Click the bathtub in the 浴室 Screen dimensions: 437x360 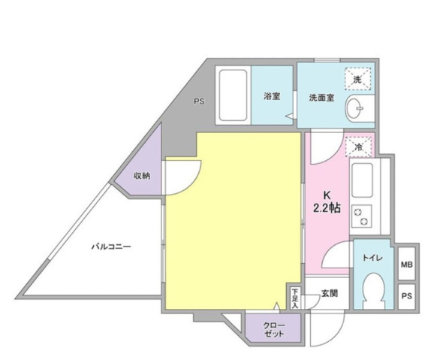[233, 95]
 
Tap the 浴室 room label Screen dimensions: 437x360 [272, 96]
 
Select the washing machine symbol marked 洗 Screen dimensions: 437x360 [358, 79]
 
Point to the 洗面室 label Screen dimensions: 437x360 [321, 98]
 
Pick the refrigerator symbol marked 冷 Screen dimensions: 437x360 [359, 147]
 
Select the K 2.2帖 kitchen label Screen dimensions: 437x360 [327, 201]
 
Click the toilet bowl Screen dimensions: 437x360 [375, 291]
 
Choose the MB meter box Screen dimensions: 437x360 [407, 264]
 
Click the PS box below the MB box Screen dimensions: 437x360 [407, 296]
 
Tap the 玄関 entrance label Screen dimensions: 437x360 [330, 293]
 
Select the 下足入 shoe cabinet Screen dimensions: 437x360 [294, 298]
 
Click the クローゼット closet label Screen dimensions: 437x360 [274, 329]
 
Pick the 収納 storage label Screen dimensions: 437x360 [142, 176]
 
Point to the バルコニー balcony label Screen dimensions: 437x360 [111, 247]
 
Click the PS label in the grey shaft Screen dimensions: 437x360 [199, 101]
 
